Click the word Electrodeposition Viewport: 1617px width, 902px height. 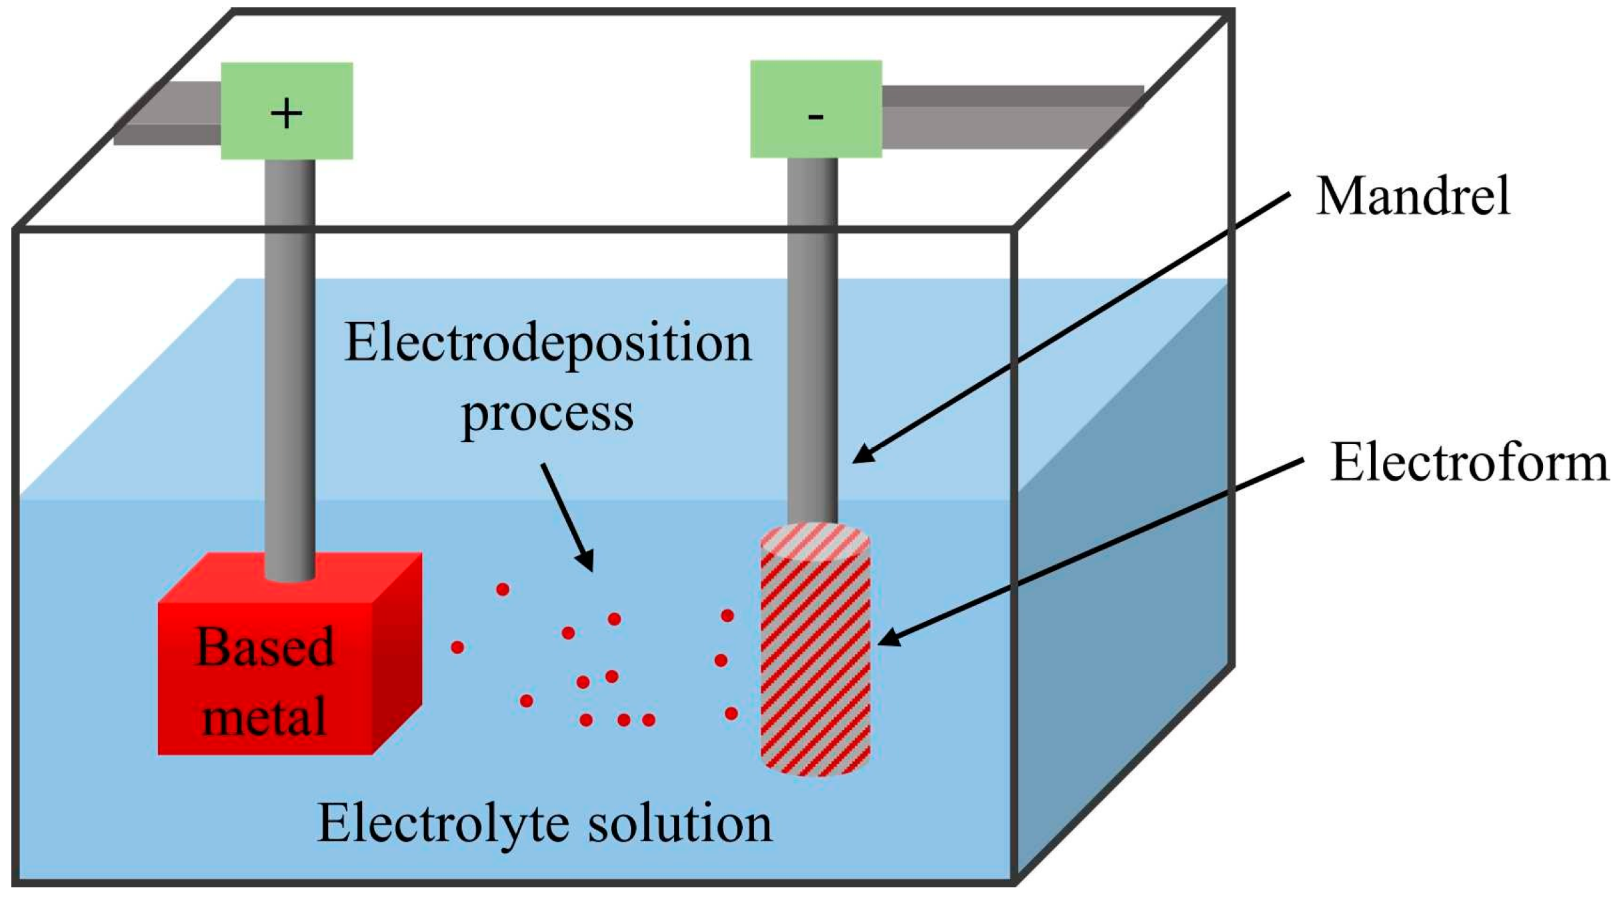click(x=547, y=344)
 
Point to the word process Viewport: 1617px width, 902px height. click(x=547, y=415)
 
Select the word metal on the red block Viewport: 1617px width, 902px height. click(x=265, y=717)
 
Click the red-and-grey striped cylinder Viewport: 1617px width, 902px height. click(x=815, y=667)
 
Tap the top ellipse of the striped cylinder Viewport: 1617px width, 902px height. click(x=815, y=541)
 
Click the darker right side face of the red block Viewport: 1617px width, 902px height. click(x=397, y=653)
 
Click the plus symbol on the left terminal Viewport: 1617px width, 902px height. click(x=287, y=113)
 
